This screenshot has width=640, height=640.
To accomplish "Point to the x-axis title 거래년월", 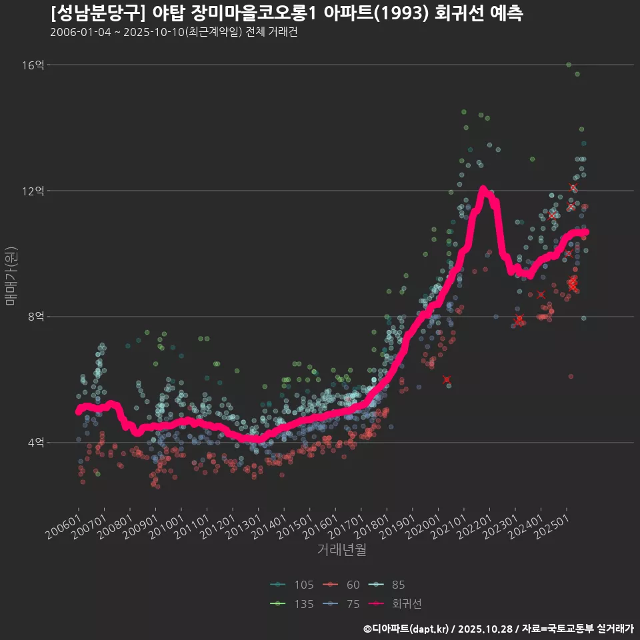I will coord(341,550).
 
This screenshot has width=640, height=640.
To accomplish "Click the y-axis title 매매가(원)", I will coord(11,275).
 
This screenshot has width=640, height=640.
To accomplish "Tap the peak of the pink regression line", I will coord(482,189).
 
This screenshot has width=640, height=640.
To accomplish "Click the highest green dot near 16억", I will coord(569,65).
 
